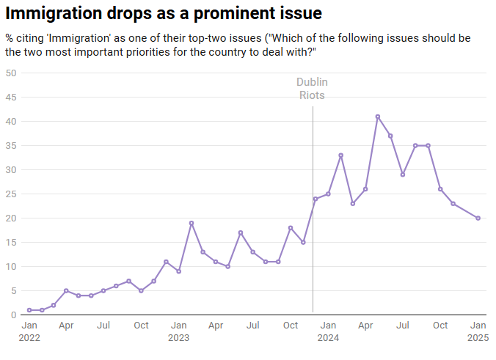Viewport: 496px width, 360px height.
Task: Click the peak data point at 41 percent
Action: point(378,117)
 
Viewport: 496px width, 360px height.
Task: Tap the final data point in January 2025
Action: point(478,218)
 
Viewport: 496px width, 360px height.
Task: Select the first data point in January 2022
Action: point(29,310)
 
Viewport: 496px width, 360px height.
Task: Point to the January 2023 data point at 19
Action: point(191,223)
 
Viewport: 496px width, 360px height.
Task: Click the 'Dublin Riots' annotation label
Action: point(312,88)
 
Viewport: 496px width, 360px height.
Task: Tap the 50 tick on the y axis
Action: point(11,73)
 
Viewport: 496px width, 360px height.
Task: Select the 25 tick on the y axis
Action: point(11,194)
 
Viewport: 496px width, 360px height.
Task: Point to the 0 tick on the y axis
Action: point(14,315)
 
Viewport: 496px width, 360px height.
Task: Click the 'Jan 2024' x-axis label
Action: point(328,331)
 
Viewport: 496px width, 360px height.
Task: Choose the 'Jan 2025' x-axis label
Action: point(478,331)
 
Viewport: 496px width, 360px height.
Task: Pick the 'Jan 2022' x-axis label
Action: point(29,331)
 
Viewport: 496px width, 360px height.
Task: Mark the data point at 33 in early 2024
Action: point(340,155)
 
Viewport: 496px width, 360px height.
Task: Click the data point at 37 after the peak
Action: point(390,136)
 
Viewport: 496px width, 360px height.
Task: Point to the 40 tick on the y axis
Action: point(11,121)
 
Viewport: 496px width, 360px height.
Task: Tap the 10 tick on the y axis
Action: point(11,266)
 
